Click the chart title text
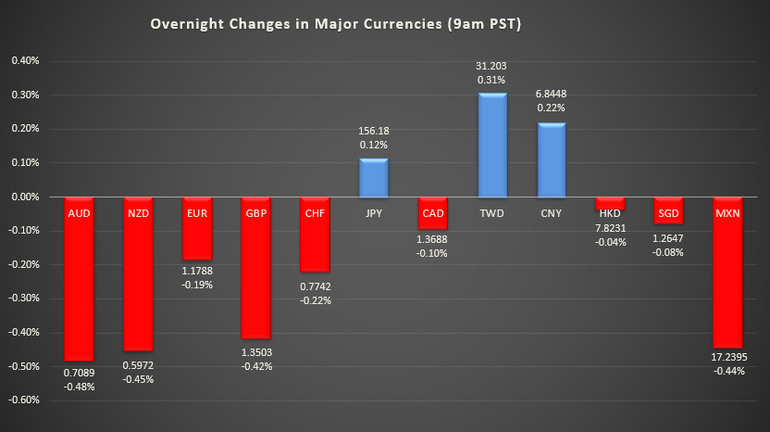pos(335,24)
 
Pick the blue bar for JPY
pos(373,178)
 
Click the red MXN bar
pos(728,278)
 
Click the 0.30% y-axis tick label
pos(25,95)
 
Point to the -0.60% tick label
pos(24,400)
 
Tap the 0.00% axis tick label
pos(25,197)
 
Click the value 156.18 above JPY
pos(373,132)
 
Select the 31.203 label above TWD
pos(491,66)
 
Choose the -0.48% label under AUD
pos(79,387)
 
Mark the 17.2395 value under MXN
pos(728,356)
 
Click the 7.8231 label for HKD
pos(610,227)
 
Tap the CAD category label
pos(432,212)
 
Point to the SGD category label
pos(669,212)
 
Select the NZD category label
pos(138,212)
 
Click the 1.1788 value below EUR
pos(196,270)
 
